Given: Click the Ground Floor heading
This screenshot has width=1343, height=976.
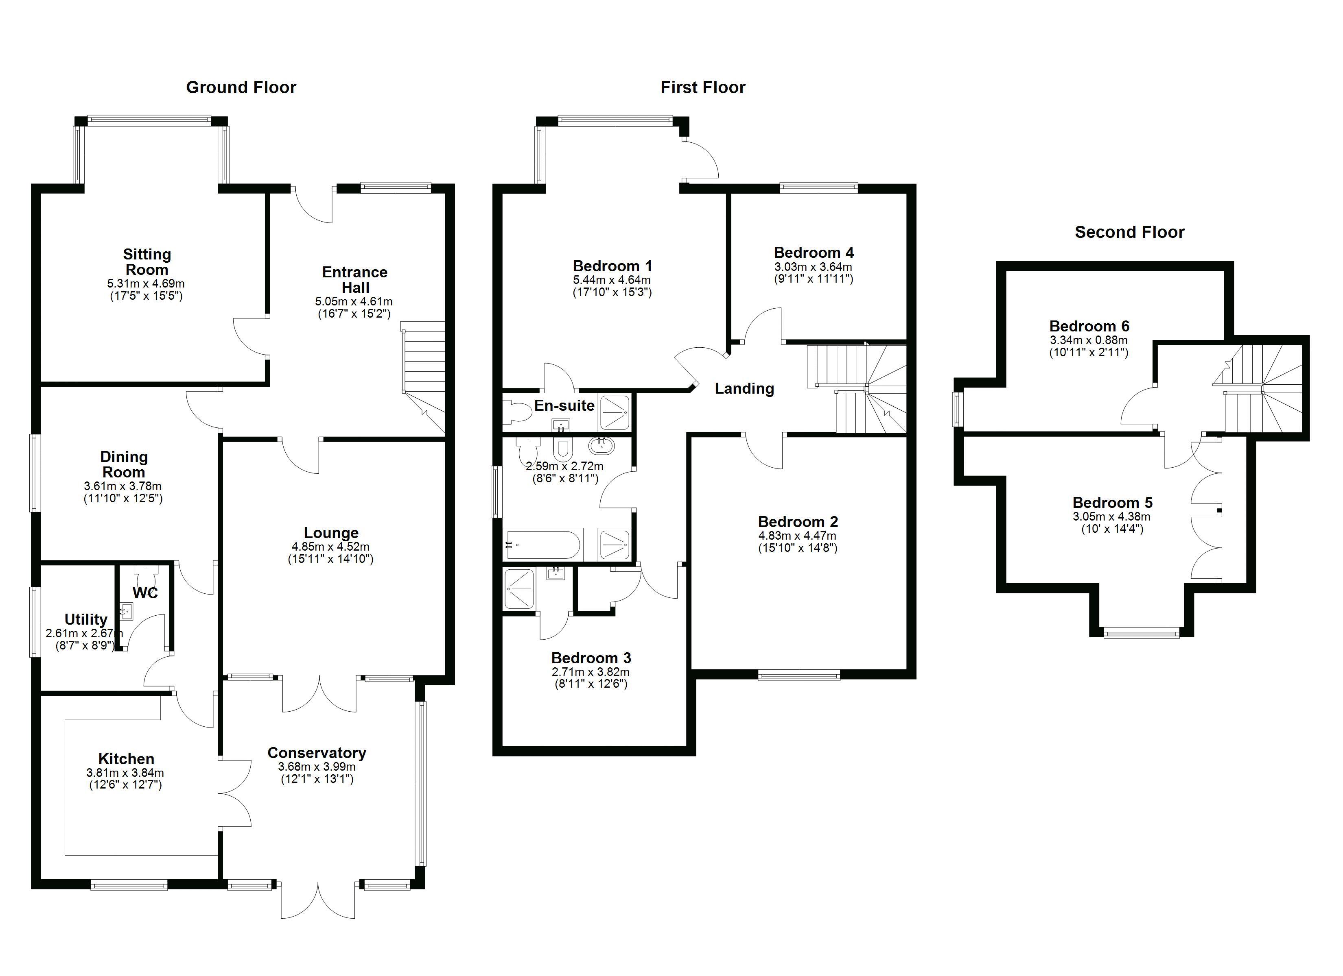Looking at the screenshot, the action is pyautogui.click(x=241, y=87).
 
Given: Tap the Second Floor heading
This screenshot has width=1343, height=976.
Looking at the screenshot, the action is pyautogui.click(x=1129, y=232).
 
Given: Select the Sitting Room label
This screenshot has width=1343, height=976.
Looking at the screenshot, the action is pyautogui.click(x=147, y=261).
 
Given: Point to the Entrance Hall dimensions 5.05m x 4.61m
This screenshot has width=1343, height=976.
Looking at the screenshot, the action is pyautogui.click(x=354, y=301).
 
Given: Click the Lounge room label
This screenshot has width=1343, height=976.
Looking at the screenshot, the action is pyautogui.click(x=331, y=533).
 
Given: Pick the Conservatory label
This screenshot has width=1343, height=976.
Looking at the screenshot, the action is pyautogui.click(x=317, y=753).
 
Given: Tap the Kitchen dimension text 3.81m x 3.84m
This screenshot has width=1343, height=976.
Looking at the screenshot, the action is pyautogui.click(x=125, y=772).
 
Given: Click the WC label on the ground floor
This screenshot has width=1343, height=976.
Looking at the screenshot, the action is pyautogui.click(x=145, y=593).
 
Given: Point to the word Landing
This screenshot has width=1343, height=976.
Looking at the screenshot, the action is pyautogui.click(x=744, y=389).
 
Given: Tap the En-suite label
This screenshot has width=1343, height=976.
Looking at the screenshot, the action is pyautogui.click(x=564, y=405).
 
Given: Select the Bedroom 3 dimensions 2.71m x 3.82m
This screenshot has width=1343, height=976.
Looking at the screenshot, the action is pyautogui.click(x=591, y=672).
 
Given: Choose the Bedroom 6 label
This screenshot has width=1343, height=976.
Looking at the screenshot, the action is pyautogui.click(x=1089, y=326).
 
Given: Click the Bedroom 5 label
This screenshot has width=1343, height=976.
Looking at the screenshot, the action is pyautogui.click(x=1112, y=503).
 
